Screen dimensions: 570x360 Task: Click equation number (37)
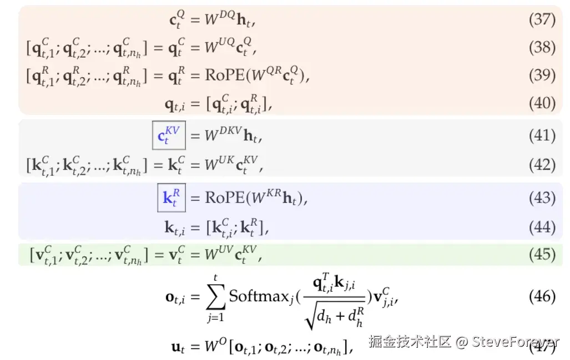[x=542, y=20]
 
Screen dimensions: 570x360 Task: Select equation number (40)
[x=542, y=103]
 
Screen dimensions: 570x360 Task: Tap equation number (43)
[x=542, y=198]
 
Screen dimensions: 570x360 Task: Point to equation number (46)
[x=542, y=296]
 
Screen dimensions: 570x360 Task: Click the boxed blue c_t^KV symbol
[x=169, y=135]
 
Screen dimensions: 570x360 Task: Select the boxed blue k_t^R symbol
[x=171, y=198]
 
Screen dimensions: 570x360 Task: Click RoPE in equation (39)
[x=223, y=76]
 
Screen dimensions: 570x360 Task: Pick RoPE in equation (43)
[x=223, y=198]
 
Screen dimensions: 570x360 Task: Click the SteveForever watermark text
[x=516, y=342]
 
